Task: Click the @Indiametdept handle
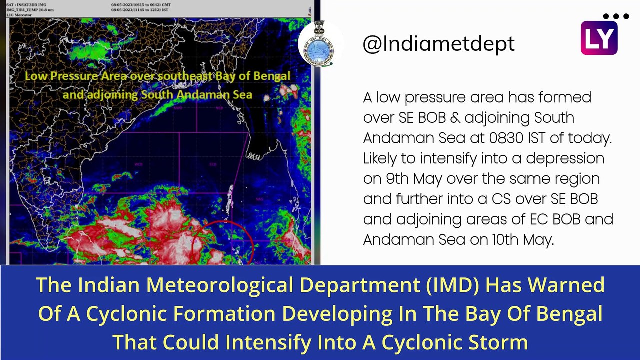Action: pos(438,44)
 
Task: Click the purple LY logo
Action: pos(599,38)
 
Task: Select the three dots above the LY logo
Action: pos(615,16)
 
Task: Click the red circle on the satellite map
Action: pos(223,243)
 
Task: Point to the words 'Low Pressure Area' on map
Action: pos(76,76)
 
